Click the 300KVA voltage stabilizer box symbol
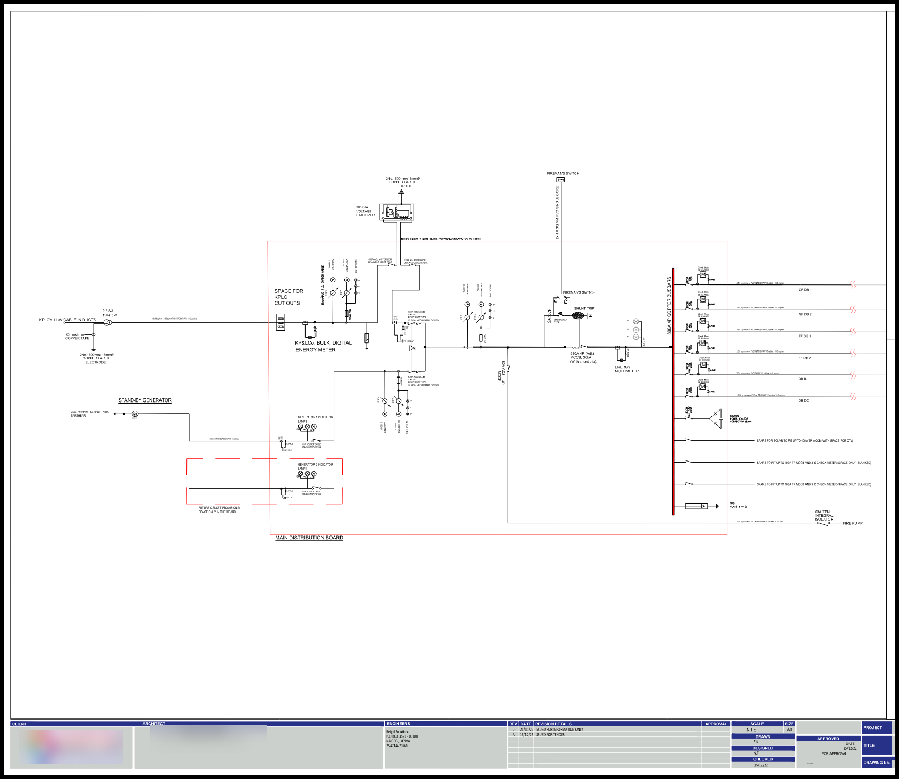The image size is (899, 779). [397, 213]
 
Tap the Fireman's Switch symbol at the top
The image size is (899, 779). [560, 180]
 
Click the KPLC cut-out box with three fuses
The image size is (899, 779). [281, 322]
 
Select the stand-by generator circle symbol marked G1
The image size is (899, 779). [135, 414]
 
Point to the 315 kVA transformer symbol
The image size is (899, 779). [108, 322]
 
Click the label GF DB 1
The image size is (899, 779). [804, 290]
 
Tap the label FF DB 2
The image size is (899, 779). [804, 358]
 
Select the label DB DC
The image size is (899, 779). [803, 400]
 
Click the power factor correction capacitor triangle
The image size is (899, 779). [716, 419]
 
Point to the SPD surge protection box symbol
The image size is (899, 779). [697, 506]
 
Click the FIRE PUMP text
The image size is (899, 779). [852, 523]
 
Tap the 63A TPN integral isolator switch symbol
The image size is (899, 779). [822, 523]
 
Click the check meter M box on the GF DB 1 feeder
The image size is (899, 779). [702, 274]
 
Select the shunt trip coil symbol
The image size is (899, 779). [578, 316]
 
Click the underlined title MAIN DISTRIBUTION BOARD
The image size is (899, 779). [309, 538]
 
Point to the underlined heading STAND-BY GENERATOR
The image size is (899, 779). [145, 400]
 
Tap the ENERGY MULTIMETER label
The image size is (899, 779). [626, 369]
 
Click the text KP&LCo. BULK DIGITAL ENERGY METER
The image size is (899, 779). [323, 346]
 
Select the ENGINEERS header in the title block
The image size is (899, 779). [398, 724]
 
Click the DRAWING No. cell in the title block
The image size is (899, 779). [876, 763]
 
